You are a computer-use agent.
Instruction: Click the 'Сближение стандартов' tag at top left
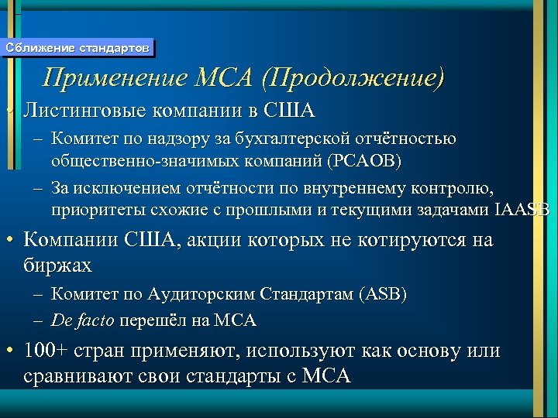pos(77,48)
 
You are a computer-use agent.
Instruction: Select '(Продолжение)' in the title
pos(354,78)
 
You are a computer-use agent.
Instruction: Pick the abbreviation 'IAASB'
pos(521,210)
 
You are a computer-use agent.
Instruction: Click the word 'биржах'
pos(58,265)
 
